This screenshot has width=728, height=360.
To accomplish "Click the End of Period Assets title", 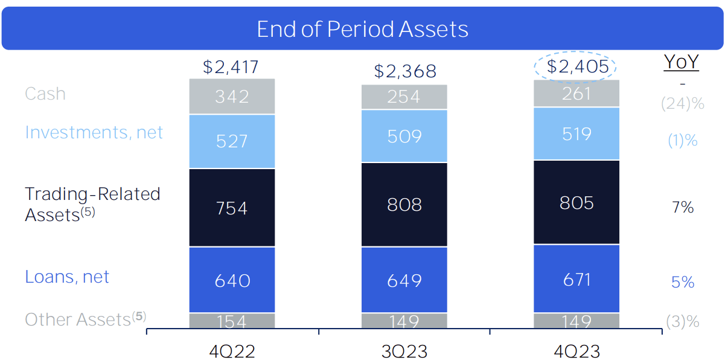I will click(362, 29).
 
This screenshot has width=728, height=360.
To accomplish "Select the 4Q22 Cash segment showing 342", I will click(232, 97).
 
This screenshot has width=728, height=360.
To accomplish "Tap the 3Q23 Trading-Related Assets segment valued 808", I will click(404, 205).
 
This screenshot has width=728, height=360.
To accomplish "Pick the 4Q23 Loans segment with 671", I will click(576, 279).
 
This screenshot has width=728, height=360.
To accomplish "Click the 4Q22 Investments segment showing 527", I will click(232, 141).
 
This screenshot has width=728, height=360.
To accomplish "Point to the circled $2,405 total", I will click(576, 66).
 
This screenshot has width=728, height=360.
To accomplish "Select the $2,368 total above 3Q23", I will click(404, 71).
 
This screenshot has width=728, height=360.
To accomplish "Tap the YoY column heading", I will click(681, 62).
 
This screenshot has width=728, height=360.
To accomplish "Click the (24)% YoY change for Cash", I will click(682, 103).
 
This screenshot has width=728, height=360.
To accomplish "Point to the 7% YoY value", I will click(682, 207).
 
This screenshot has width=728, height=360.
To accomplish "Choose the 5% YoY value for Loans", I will click(682, 282).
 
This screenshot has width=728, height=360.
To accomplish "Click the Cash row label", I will click(45, 94).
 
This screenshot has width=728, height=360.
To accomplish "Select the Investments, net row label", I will click(94, 132).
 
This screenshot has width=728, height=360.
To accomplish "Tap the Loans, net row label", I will click(67, 277).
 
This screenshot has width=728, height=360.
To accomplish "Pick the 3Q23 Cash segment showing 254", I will click(404, 97).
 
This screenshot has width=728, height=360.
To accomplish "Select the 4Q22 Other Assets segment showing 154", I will click(232, 321).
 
